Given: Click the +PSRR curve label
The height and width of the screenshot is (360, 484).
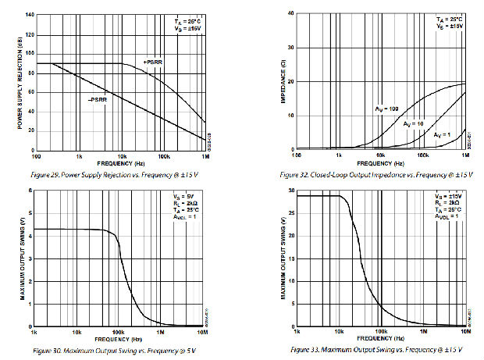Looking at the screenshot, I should coord(153,62).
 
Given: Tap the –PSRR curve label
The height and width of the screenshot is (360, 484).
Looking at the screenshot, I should coord(97,99).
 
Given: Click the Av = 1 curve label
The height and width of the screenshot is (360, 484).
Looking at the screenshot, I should coord(442,134).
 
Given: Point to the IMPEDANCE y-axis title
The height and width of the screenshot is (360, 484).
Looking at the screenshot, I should coord(282,79).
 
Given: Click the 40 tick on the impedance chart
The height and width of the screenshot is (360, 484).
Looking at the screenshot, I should coord(290,14).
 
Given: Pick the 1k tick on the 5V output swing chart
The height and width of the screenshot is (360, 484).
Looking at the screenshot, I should coord(35,333).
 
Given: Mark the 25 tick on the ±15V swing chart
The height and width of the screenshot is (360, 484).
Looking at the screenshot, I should coord(290,213).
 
